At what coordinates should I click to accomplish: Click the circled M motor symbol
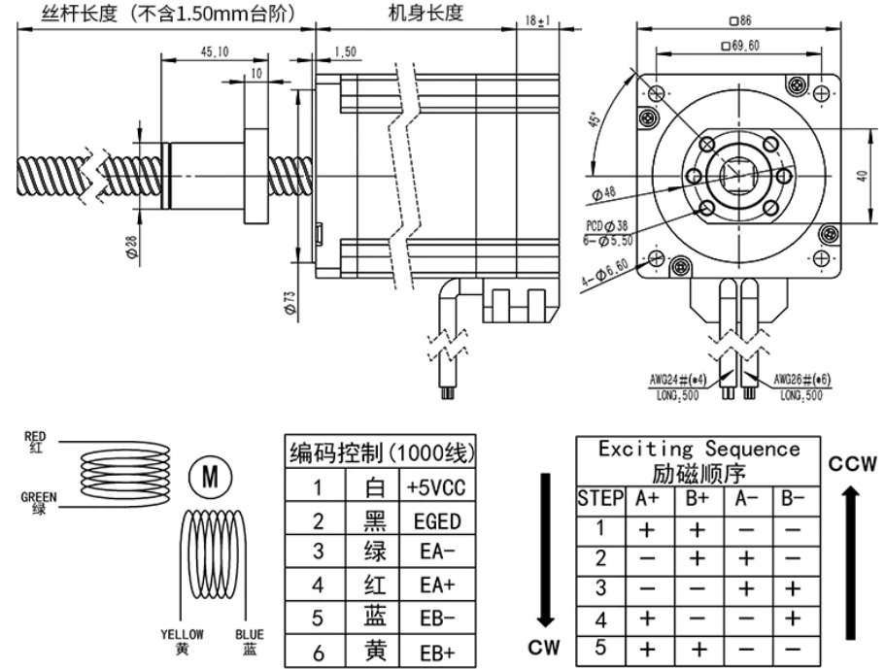click(209, 477)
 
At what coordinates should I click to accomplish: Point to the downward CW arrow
click(546, 553)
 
